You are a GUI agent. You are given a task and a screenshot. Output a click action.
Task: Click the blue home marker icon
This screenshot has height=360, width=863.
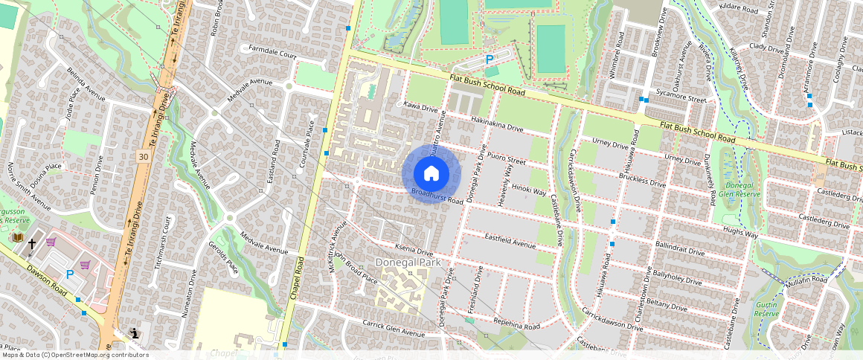point(431,173)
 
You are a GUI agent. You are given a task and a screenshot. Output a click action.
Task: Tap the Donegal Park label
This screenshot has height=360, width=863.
point(408,263)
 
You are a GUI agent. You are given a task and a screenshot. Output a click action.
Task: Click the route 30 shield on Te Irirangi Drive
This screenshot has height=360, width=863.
point(143,156)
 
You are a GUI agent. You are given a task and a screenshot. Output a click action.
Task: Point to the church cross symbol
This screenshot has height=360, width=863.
point(32,242)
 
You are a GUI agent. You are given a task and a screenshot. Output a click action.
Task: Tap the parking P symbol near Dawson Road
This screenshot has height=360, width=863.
point(70,274)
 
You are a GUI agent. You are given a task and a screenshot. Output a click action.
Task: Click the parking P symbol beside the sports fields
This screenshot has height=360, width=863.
point(490,60)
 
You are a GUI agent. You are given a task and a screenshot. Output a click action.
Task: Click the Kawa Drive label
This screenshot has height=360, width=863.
point(420,107)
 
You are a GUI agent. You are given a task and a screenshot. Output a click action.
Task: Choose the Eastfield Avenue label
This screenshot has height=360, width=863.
point(510,240)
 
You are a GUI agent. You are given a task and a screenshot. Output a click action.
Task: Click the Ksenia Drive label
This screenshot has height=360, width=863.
point(414,252)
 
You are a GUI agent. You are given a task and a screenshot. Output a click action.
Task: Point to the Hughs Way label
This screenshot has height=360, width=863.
point(740,234)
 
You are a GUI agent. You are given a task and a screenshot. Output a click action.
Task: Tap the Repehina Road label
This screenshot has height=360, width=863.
point(516,325)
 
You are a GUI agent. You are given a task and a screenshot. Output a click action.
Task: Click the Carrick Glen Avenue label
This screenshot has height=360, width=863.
point(392,324)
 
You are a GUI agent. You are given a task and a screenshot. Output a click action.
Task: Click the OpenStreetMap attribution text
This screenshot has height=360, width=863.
point(74,355)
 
